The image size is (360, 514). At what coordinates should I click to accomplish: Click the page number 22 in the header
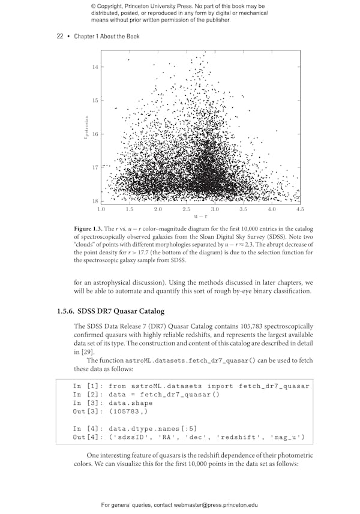[60, 37]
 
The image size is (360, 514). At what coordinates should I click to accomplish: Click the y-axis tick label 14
[95, 67]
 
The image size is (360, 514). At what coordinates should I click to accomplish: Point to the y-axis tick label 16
[95, 134]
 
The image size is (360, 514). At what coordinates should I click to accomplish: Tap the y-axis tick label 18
[95, 201]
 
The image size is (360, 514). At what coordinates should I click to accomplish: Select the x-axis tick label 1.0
[101, 209]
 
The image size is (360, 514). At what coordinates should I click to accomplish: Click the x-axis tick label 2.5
[187, 209]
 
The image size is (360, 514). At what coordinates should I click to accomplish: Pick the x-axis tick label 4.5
[300, 209]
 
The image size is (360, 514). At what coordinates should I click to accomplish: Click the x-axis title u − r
[200, 217]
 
